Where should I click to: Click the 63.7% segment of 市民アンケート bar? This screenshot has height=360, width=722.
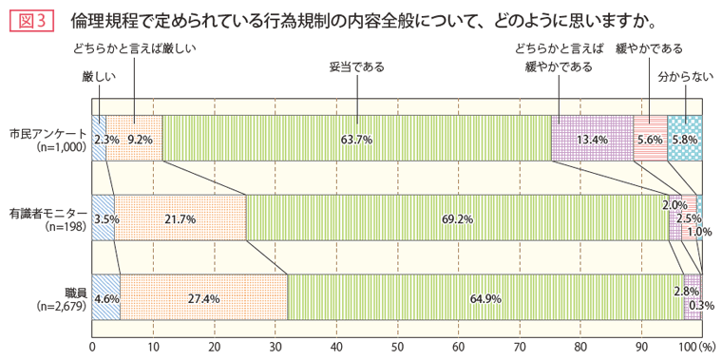click(357, 139)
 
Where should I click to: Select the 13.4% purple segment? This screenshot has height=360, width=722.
click(592, 139)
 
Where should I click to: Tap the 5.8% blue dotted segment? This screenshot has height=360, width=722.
click(684, 139)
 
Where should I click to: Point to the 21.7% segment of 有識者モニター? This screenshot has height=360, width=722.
click(180, 218)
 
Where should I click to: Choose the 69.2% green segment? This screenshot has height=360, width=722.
click(456, 218)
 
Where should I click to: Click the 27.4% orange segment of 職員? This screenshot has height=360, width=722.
click(203, 297)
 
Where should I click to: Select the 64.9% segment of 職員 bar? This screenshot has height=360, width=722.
click(484, 297)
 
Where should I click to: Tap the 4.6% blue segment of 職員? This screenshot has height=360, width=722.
click(105, 297)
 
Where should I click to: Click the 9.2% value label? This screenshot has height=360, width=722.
click(140, 140)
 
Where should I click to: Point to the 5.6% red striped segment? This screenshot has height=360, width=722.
click(650, 139)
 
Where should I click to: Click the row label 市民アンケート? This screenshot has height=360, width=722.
click(47, 133)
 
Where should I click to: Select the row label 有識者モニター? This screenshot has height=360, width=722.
click(47, 211)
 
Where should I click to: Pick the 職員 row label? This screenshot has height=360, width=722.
click(76, 291)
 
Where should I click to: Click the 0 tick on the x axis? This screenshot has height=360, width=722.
click(92, 348)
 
